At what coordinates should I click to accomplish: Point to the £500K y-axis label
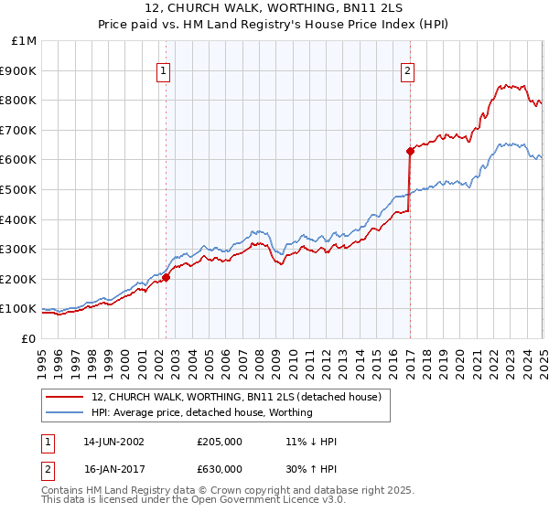tap(20, 189)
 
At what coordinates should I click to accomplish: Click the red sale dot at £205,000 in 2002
tap(167, 277)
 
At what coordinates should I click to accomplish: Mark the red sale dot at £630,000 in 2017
tap(410, 151)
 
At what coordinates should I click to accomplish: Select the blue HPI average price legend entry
tap(202, 412)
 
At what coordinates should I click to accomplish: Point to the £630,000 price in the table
tap(220, 469)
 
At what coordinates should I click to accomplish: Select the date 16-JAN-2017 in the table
tap(113, 469)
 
